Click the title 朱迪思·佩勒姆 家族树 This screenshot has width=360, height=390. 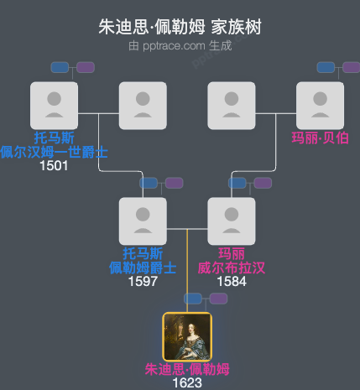pyautogui.click(x=180, y=27)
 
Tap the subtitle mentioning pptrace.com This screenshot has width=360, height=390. pyautogui.click(x=180, y=45)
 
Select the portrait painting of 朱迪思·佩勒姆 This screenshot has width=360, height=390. pyautogui.click(x=186, y=336)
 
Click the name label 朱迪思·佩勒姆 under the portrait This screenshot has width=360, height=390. pyautogui.click(x=186, y=369)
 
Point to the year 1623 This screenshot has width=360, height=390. pyautogui.click(x=186, y=382)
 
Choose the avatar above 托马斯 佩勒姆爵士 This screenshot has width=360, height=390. pyautogui.click(x=143, y=221)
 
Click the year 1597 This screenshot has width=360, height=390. pyautogui.click(x=143, y=281)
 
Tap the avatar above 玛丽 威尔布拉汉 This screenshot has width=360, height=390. pyautogui.click(x=232, y=221)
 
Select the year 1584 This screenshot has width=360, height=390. pyautogui.click(x=232, y=281)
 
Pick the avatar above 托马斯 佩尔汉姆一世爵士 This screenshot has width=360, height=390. pyautogui.click(x=54, y=105)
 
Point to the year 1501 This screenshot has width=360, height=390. pyautogui.click(x=54, y=165)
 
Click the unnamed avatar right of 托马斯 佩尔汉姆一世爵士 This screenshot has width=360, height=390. pyautogui.click(x=143, y=105)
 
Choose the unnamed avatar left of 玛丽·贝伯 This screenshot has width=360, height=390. pyautogui.click(x=232, y=105)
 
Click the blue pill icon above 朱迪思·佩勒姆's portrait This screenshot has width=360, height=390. pyautogui.click(x=195, y=298)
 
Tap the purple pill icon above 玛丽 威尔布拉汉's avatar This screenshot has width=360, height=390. pyautogui.click(x=263, y=183)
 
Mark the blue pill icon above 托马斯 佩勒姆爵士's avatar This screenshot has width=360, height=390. pyautogui.click(x=149, y=183)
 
